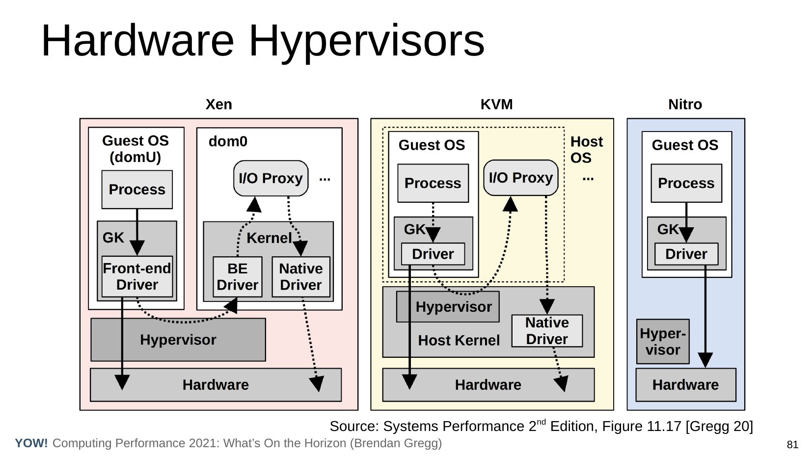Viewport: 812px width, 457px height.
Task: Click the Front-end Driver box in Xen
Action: click(137, 276)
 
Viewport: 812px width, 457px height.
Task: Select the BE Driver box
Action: click(237, 276)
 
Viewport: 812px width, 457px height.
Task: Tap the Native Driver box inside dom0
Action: click(300, 276)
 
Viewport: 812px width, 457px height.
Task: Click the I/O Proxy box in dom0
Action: click(271, 178)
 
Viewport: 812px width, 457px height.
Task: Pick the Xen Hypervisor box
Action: click(178, 340)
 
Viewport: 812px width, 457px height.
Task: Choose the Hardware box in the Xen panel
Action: click(216, 385)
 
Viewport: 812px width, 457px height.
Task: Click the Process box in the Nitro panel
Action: click(686, 183)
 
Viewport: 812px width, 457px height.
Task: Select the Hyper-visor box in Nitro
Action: click(663, 342)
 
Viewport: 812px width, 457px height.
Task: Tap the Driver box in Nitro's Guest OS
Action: click(686, 254)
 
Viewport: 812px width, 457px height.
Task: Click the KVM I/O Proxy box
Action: click(521, 178)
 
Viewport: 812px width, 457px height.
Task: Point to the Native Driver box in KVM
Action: click(547, 331)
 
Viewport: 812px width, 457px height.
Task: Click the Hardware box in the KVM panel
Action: click(488, 385)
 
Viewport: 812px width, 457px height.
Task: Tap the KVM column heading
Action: click(496, 105)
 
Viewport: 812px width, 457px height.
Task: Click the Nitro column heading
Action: click(685, 105)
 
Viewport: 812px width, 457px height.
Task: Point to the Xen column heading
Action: click(218, 105)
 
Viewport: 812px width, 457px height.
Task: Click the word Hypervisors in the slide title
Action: click(367, 41)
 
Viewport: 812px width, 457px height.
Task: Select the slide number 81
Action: click(792, 445)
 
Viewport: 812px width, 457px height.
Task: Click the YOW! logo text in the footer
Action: click(31, 443)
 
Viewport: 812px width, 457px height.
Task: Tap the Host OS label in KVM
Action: click(586, 150)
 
